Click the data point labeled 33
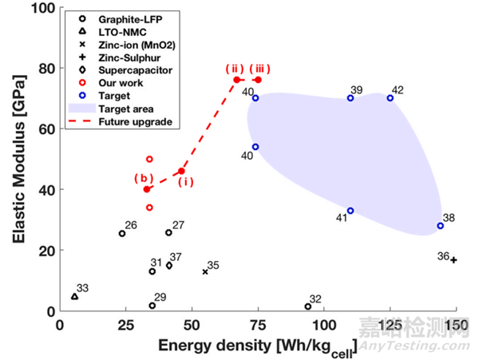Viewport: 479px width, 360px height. coord(75,296)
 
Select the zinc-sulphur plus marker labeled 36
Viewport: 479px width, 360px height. coord(453,260)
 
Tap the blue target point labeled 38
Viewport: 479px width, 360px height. coord(440,226)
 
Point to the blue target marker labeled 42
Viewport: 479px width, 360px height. coord(390,98)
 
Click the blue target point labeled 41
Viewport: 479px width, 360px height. coord(350,211)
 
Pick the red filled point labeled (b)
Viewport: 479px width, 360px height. coord(147,189)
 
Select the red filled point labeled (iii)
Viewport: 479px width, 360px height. coord(258,80)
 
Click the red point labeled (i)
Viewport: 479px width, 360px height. coord(182,171)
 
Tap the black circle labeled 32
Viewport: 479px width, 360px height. coord(308,307)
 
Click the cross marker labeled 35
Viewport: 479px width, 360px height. coord(205,271)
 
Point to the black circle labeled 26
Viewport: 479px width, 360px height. coord(122,233)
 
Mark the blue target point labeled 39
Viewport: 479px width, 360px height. coord(350,98)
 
